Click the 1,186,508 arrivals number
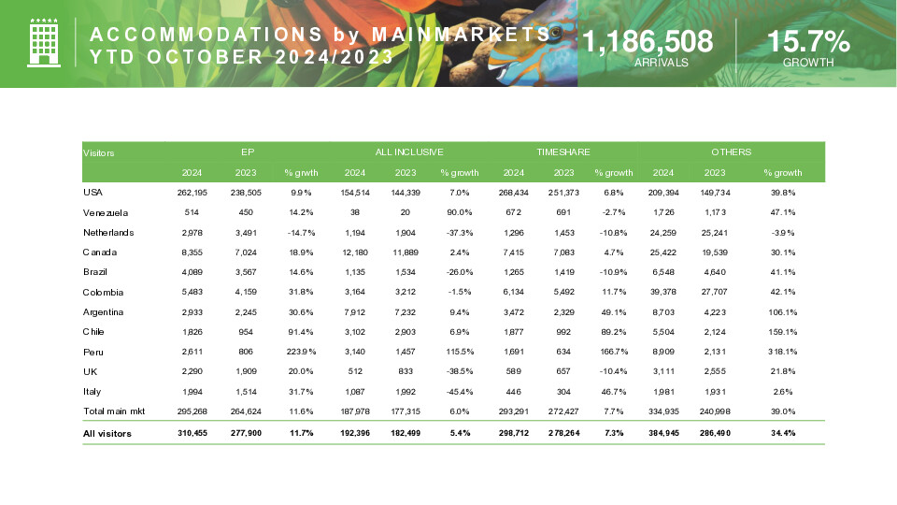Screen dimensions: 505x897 click(648, 41)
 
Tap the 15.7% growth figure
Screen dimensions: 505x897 click(808, 41)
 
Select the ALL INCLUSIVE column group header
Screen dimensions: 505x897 click(409, 151)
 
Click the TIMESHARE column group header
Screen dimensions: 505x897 click(563, 151)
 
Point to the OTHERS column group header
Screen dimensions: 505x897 click(731, 151)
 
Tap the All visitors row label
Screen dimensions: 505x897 click(107, 433)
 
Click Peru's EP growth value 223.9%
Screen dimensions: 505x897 click(301, 353)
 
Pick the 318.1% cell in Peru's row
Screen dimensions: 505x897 click(782, 353)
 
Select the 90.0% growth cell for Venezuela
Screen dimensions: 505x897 click(459, 213)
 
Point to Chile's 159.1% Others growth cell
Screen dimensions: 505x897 click(782, 332)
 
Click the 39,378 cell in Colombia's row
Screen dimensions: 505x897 click(661, 293)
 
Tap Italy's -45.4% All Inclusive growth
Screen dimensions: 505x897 click(459, 392)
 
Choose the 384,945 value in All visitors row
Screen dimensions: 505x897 click(661, 433)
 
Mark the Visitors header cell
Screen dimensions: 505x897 click(99, 152)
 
